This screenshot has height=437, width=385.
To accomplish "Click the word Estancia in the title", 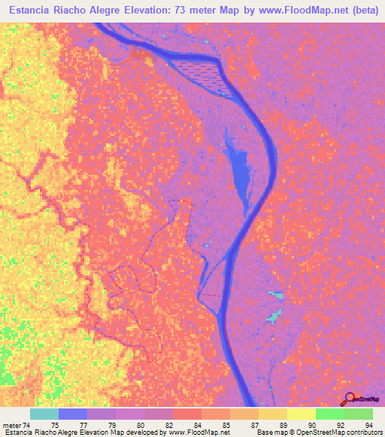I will [x=32, y=11].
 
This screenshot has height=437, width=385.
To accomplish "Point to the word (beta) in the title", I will [x=363, y=11].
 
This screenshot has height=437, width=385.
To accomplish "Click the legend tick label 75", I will [x=54, y=424].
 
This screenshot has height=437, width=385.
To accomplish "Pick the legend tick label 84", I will [x=198, y=424].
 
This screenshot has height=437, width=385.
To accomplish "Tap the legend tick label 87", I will [x=256, y=424].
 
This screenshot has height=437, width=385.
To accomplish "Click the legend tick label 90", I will [x=313, y=424].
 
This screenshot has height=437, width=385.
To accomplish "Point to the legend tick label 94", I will [x=368, y=424].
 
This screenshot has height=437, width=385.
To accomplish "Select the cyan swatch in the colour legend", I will [x=44, y=414].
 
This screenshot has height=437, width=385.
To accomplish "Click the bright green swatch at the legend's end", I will [x=359, y=414].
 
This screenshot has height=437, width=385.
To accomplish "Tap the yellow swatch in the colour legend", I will [x=301, y=414].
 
